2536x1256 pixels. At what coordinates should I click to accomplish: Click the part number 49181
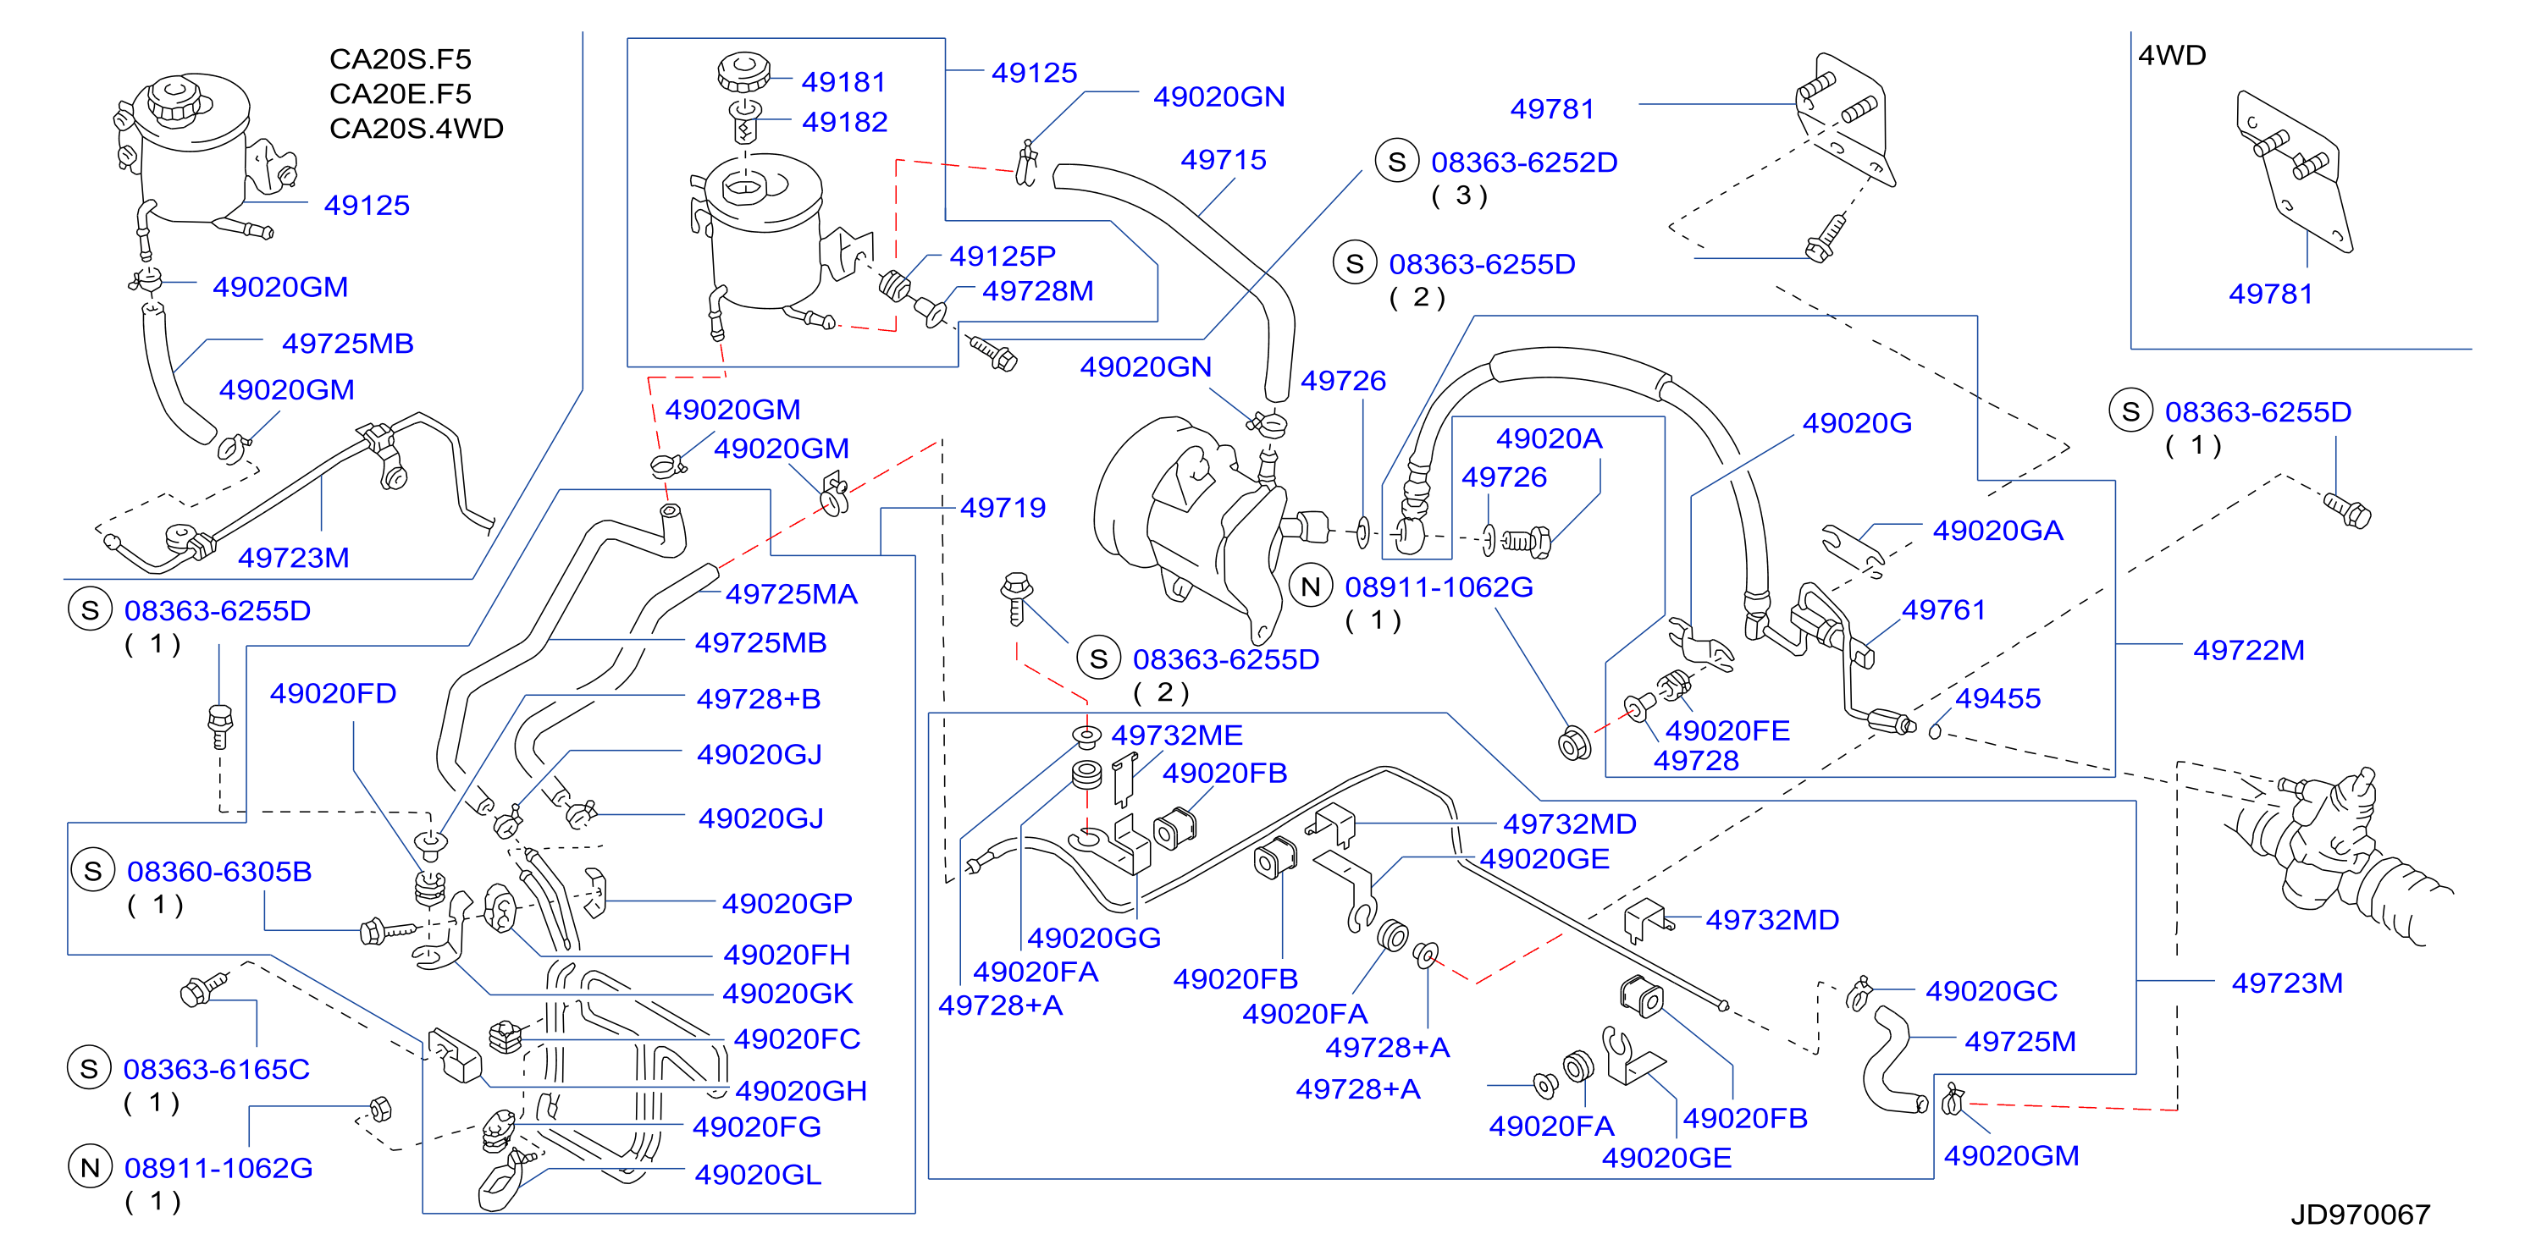(843, 82)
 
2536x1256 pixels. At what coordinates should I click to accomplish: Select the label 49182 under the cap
(845, 122)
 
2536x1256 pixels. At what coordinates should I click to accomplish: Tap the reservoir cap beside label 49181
(743, 73)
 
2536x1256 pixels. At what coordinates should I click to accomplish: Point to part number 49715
(1223, 159)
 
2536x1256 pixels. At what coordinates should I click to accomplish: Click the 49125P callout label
(1003, 256)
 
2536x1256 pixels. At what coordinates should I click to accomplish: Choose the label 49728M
(1037, 291)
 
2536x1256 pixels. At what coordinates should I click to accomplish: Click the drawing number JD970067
(2360, 1215)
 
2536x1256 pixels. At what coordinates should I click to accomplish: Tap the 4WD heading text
(2172, 55)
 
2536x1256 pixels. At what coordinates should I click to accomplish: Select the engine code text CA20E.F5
(400, 93)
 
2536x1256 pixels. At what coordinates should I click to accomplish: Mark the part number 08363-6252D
(1524, 163)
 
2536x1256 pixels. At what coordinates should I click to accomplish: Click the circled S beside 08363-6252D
(1397, 163)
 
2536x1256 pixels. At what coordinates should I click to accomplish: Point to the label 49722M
(2249, 650)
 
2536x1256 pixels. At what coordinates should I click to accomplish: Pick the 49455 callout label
(1997, 698)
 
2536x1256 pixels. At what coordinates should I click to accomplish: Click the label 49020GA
(1997, 531)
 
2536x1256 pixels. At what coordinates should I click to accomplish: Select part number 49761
(1943, 609)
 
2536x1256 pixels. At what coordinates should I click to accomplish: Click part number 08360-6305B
(218, 871)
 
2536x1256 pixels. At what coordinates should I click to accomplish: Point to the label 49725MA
(792, 593)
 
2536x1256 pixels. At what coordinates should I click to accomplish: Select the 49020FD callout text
(333, 693)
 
